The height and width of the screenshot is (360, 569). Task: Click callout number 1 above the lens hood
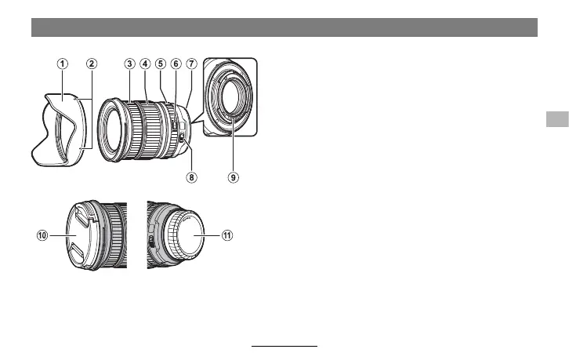(63, 64)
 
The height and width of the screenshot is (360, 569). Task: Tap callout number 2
(92, 64)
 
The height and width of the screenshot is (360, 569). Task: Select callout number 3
(129, 64)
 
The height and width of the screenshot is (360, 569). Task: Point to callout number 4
(145, 64)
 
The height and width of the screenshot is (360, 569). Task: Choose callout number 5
(161, 64)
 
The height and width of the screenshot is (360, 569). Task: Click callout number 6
(176, 64)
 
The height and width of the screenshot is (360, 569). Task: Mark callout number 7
(191, 64)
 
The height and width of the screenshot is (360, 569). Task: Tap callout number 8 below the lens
(191, 177)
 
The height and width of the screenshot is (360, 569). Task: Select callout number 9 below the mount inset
(234, 177)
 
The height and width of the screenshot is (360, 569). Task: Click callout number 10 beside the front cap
(42, 235)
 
